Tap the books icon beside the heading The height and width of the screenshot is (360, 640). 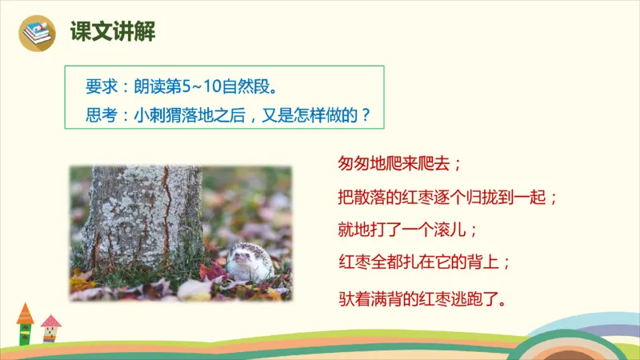click(x=38, y=34)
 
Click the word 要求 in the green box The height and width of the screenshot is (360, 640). click(x=99, y=86)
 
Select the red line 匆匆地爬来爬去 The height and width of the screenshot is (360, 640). click(x=400, y=164)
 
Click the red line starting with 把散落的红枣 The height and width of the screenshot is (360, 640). click(x=447, y=196)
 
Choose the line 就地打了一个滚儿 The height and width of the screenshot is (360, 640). click(x=408, y=229)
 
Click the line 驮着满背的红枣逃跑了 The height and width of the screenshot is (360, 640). click(x=424, y=300)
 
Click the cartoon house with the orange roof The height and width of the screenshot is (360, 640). click(x=25, y=322)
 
